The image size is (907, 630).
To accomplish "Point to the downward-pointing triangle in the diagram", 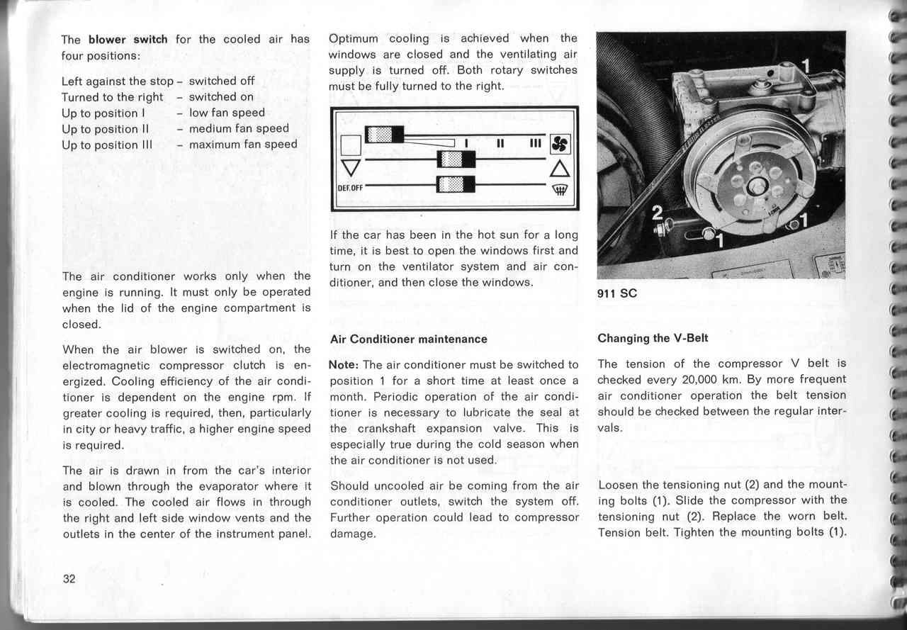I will [349, 167].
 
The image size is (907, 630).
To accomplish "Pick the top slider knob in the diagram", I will [384, 135].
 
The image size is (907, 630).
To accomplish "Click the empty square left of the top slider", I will [351, 145].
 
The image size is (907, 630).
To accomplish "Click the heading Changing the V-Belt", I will [653, 338].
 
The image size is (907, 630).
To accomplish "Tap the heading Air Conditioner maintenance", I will [409, 339].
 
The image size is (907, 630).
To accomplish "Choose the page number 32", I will [69, 578].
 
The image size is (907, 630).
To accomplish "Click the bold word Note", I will [344, 364].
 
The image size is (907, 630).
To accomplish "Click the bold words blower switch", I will [128, 40].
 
